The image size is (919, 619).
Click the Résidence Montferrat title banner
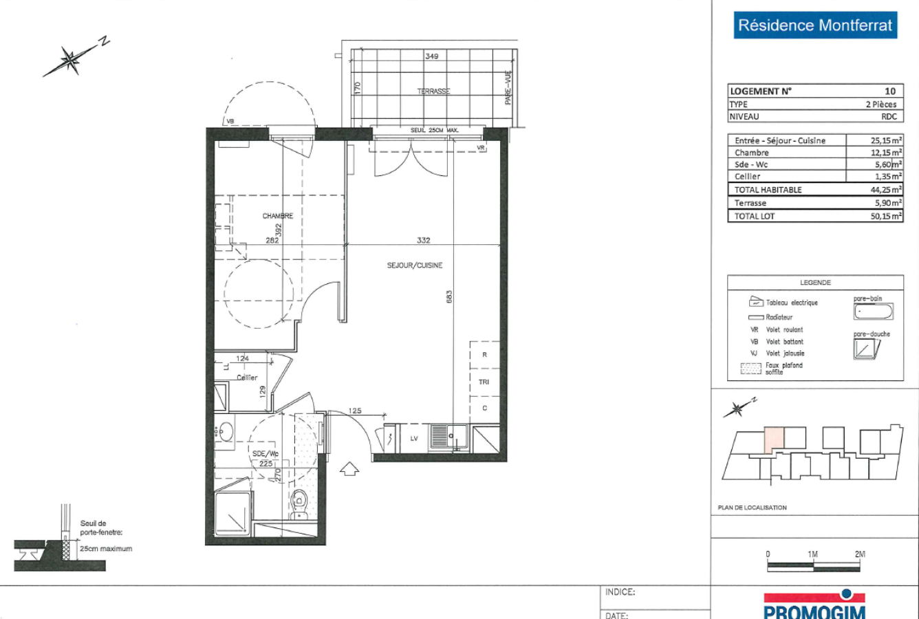(x=815, y=26)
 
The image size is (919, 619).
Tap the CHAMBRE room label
(x=277, y=216)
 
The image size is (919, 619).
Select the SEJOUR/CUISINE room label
(x=414, y=265)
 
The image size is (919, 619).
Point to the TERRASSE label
(x=433, y=91)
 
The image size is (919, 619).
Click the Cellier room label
(x=247, y=378)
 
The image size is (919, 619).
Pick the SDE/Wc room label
(x=265, y=454)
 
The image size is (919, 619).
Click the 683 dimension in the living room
(x=449, y=296)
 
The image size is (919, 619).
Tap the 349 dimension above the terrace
(x=431, y=56)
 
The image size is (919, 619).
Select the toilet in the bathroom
(x=299, y=503)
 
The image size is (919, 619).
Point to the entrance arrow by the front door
(x=350, y=468)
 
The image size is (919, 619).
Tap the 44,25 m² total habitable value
(x=886, y=190)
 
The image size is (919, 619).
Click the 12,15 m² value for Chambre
(x=886, y=153)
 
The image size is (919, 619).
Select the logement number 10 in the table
(x=890, y=91)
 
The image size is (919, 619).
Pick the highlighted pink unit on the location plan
(x=774, y=439)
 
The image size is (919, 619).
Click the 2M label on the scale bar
(x=859, y=554)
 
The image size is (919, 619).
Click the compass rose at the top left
(x=71, y=60)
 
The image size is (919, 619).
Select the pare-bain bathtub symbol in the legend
(x=873, y=312)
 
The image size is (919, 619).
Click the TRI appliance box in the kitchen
(x=484, y=382)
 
